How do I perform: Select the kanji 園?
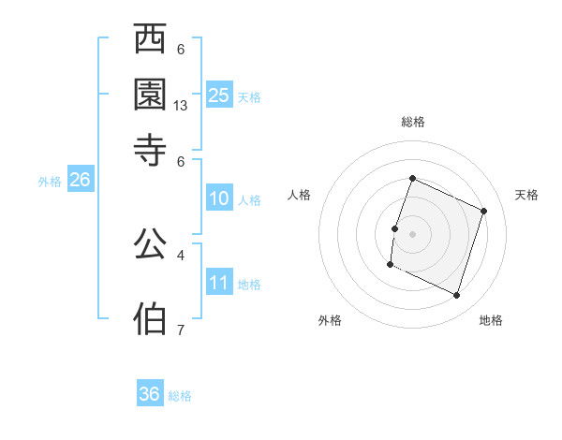pyautogui.click(x=151, y=93)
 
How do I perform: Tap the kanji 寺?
pyautogui.click(x=151, y=146)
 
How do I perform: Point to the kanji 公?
pyautogui.click(x=151, y=245)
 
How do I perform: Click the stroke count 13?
pyautogui.click(x=181, y=106)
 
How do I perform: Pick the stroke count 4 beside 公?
pyautogui.click(x=181, y=254)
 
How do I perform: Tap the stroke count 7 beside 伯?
pyautogui.click(x=181, y=329)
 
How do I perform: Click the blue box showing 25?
pyautogui.click(x=219, y=95)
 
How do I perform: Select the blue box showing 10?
pyautogui.click(x=219, y=198)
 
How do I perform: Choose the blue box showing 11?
pyautogui.click(x=219, y=283)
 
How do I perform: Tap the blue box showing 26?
pyautogui.click(x=80, y=181)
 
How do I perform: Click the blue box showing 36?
pyautogui.click(x=150, y=394)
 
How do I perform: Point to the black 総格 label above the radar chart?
pyautogui.click(x=412, y=122)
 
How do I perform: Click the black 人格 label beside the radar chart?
pyautogui.click(x=300, y=195)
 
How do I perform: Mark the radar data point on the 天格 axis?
pyautogui.click(x=484, y=211)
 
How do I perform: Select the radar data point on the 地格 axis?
pyautogui.click(x=457, y=296)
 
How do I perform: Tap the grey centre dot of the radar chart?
pyautogui.click(x=412, y=233)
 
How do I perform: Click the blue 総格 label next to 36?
pyautogui.click(x=180, y=396)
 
